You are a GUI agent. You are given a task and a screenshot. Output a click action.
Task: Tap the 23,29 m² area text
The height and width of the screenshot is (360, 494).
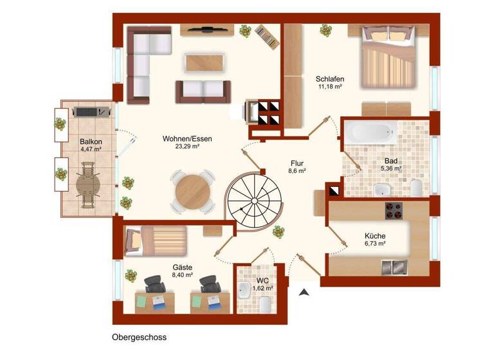(187, 147)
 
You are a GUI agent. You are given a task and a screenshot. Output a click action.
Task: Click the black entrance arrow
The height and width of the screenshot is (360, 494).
(304, 292)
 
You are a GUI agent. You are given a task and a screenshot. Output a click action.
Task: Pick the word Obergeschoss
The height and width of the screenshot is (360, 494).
(140, 337)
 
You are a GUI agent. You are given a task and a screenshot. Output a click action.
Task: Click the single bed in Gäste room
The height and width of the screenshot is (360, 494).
(155, 240)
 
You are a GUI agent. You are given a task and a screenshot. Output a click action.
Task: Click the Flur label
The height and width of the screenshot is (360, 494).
(297, 163)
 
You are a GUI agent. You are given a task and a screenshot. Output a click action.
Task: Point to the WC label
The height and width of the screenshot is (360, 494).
(263, 281)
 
